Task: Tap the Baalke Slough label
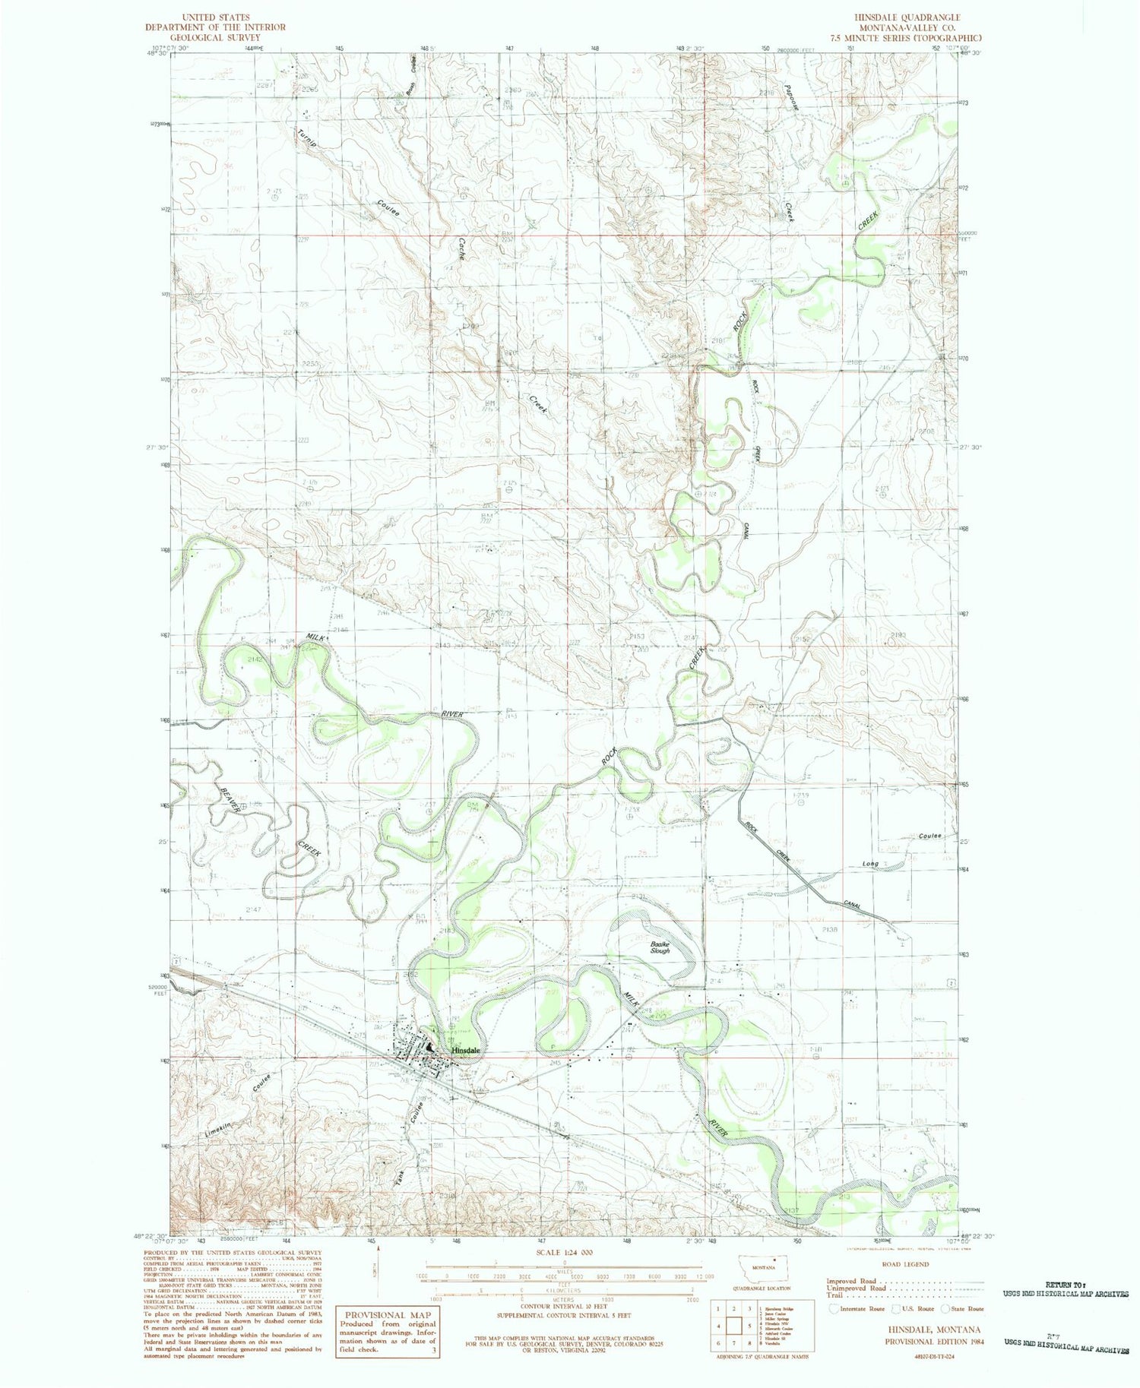point(660,947)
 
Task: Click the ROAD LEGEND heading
point(904,1265)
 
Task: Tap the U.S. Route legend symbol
point(896,1308)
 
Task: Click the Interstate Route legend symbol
point(834,1308)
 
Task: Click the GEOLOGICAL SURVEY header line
point(216,37)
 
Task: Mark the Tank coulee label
point(400,1178)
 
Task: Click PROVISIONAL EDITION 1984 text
point(933,1342)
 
